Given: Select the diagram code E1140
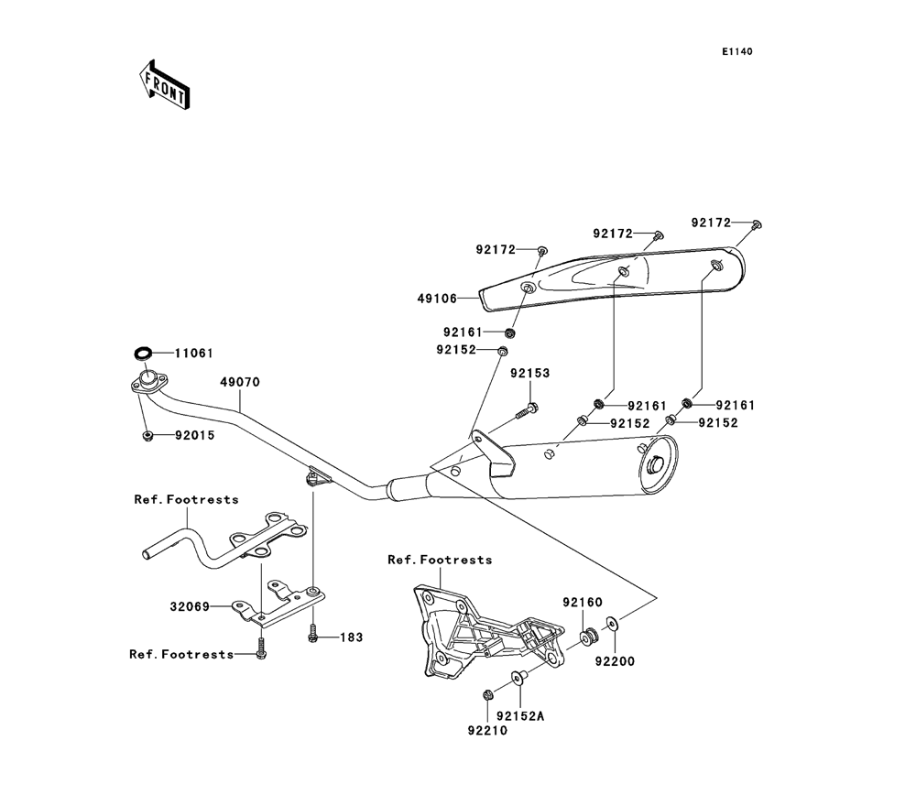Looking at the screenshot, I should click(736, 52).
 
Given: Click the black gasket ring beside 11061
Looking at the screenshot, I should click(143, 353).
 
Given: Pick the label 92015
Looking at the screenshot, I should click(195, 435).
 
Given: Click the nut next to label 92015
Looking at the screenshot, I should click(147, 435).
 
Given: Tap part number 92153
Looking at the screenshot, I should click(530, 374).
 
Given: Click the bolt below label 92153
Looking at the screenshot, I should click(527, 412).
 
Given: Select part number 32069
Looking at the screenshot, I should click(189, 605).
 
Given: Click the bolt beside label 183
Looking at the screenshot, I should click(313, 632).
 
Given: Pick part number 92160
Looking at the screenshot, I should click(583, 603).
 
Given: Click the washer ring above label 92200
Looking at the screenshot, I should click(612, 626).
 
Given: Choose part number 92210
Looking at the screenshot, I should click(486, 731).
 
